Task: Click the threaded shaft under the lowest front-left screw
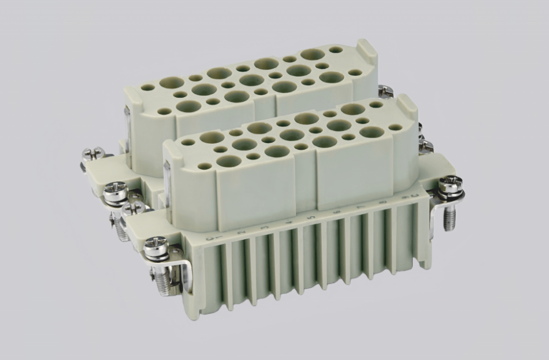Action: tap(162, 280)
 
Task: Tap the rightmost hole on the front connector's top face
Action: tap(395, 127)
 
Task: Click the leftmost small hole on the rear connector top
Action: tap(147, 87)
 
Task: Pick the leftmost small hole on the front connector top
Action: tap(188, 142)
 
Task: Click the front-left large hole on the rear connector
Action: tap(188, 106)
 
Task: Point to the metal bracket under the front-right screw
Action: tap(439, 203)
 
